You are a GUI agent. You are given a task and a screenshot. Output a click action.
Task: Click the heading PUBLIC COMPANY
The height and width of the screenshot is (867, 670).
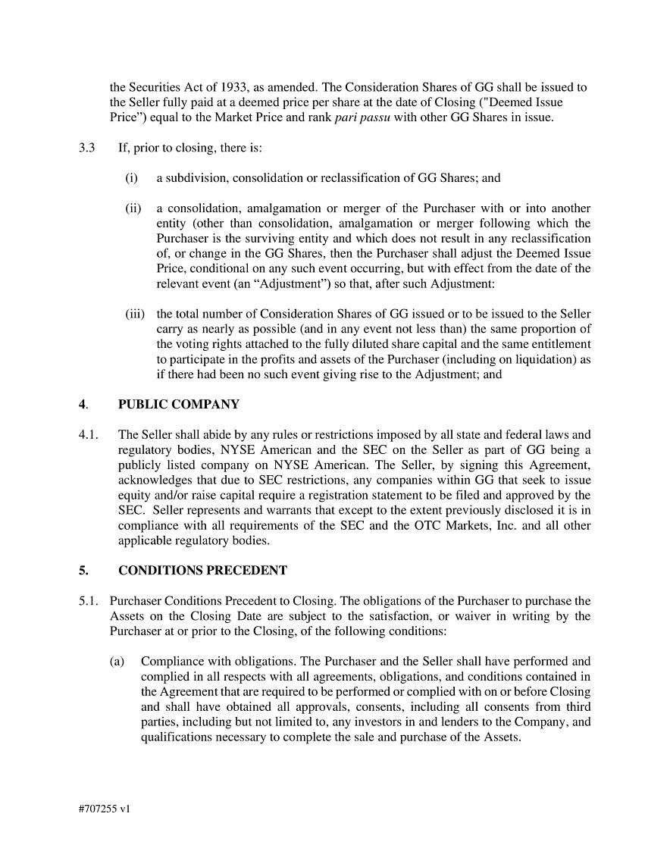(178, 405)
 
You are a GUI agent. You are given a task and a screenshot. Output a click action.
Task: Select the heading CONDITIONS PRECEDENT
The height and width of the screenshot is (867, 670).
(202, 571)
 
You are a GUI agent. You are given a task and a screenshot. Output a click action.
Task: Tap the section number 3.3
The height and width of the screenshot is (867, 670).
(86, 148)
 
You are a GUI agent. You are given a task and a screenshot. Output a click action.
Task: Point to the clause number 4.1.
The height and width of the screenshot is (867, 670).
(88, 435)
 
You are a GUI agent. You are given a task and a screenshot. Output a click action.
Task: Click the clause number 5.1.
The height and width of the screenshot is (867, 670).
(88, 601)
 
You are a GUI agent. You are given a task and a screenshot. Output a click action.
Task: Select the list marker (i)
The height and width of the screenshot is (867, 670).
(132, 178)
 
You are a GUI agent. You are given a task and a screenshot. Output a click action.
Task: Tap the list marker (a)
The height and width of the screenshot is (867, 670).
(117, 662)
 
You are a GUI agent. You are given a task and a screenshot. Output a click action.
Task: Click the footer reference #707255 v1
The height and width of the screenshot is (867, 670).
(105, 809)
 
